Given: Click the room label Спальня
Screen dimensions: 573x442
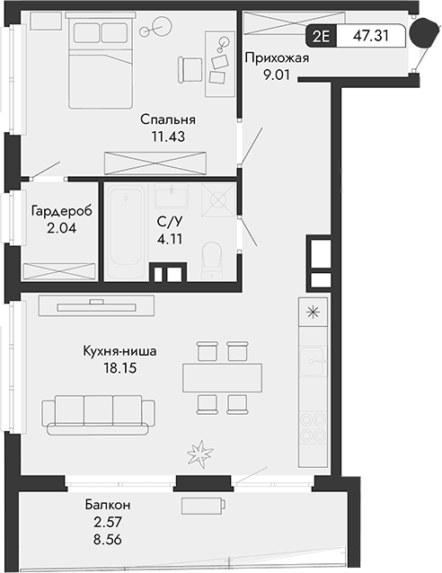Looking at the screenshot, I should [167, 119].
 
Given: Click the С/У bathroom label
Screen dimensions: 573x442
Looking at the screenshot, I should [168, 224].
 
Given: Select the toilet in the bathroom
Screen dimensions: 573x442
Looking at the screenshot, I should [212, 257].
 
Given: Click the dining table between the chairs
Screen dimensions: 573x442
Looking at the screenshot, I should [223, 375].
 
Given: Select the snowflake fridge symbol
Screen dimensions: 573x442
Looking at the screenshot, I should [313, 313].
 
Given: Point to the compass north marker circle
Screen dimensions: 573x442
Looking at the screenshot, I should [421, 35].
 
